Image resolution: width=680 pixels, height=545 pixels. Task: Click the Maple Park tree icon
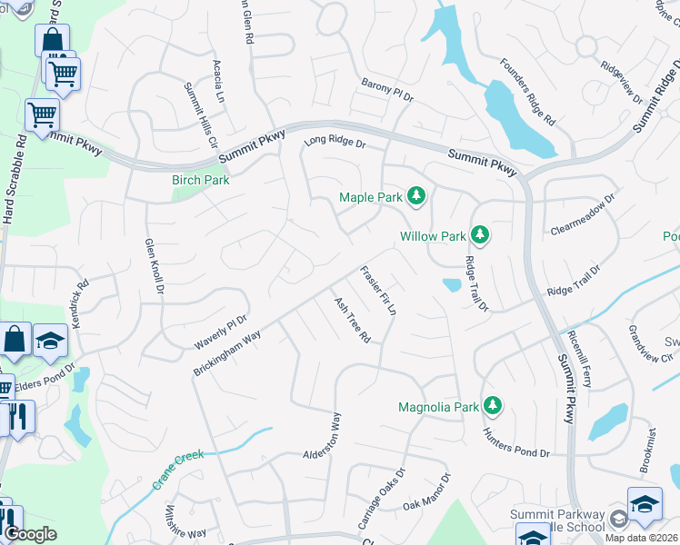[416, 196]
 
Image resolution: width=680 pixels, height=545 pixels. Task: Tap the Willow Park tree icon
[480, 236]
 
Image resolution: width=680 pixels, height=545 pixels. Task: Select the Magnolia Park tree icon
[493, 406]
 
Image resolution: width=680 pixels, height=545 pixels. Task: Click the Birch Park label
[201, 180]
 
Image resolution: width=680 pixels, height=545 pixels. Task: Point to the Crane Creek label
[177, 471]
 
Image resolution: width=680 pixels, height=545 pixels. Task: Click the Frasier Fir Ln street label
[379, 291]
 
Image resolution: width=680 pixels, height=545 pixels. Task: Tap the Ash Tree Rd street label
[353, 320]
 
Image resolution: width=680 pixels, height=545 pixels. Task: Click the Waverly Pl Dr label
[221, 333]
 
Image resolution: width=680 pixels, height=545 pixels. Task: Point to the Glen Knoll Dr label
[153, 267]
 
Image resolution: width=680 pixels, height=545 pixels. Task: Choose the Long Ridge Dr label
[335, 142]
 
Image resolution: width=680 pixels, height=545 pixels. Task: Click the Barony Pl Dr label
[387, 89]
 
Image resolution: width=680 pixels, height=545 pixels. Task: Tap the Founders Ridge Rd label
[528, 91]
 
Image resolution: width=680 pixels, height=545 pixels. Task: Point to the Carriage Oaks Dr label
[381, 499]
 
